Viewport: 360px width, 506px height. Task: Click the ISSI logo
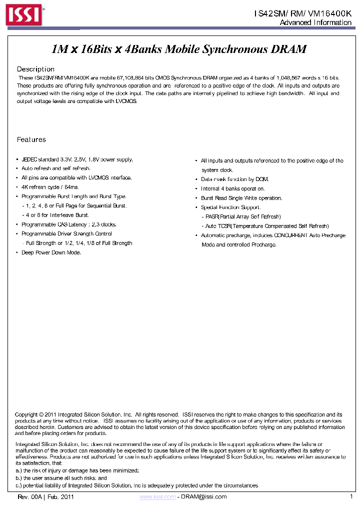tap(23, 15)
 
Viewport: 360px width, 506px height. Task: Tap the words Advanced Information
tap(315, 22)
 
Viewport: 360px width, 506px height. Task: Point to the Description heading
tap(35, 69)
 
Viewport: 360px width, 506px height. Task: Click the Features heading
tap(31, 139)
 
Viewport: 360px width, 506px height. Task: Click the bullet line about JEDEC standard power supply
tap(77, 159)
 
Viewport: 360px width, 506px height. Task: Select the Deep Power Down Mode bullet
tap(51, 252)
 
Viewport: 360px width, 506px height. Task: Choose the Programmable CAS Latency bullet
tap(69, 224)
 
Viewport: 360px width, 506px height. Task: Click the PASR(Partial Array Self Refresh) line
tap(243, 216)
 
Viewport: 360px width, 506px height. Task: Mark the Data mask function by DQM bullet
tap(234, 179)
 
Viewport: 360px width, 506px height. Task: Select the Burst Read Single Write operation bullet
tap(241, 198)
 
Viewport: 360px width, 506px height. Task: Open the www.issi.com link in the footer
tap(157, 496)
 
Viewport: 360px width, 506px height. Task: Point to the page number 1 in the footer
tap(351, 496)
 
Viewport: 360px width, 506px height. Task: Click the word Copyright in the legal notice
tap(26, 414)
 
